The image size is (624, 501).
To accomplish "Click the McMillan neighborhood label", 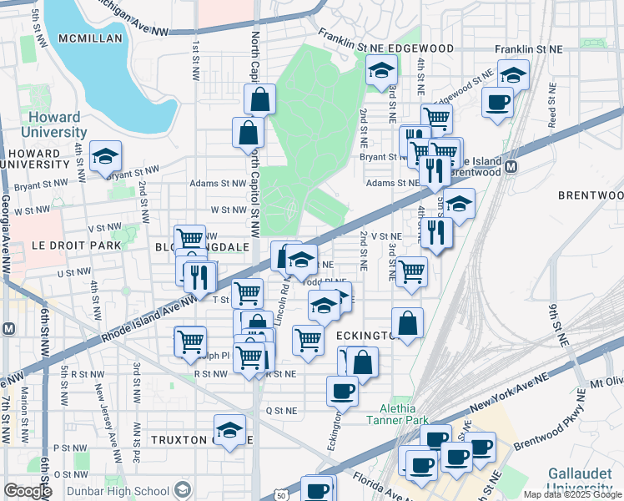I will (x=90, y=38).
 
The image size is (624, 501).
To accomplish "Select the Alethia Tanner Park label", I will (x=393, y=413).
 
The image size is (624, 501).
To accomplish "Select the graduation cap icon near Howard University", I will (x=106, y=156).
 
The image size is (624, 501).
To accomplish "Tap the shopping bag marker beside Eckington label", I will (x=407, y=323).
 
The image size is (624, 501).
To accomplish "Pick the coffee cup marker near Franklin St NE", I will (x=498, y=103).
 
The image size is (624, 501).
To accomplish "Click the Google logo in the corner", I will (x=27, y=490).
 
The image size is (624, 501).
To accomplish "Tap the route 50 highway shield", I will (x=282, y=495).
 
